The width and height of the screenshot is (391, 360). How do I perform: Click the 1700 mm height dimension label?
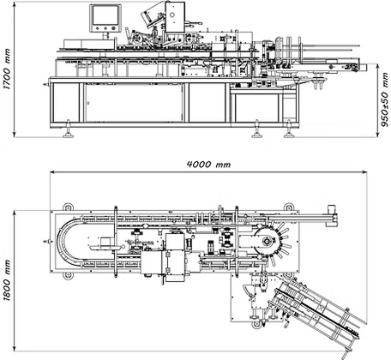(x=7, y=69)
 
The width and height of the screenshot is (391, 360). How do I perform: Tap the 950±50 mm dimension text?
(x=385, y=99)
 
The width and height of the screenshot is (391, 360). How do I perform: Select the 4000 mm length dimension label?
(x=208, y=165)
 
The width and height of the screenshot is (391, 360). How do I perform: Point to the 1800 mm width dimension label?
(x=7, y=280)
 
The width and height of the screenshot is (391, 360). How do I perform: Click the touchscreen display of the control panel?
(x=105, y=15)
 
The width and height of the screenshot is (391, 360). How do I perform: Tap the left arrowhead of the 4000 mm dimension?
(x=53, y=172)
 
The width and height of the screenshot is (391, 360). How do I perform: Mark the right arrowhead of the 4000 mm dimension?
(x=364, y=172)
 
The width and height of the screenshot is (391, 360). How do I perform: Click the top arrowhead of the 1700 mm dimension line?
(x=14, y=3)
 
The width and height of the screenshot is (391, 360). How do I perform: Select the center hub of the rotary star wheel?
(x=266, y=242)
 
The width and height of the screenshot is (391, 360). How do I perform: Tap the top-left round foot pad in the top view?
(x=68, y=207)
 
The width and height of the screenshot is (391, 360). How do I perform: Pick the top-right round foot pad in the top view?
(x=288, y=207)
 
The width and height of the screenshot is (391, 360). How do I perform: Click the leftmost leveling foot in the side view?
(x=68, y=130)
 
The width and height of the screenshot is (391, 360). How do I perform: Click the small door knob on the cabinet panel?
(x=88, y=103)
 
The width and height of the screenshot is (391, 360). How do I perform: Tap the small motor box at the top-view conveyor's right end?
(x=331, y=208)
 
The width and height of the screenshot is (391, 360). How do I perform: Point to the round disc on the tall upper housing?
(x=172, y=15)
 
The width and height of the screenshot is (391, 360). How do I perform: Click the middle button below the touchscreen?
(x=105, y=28)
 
